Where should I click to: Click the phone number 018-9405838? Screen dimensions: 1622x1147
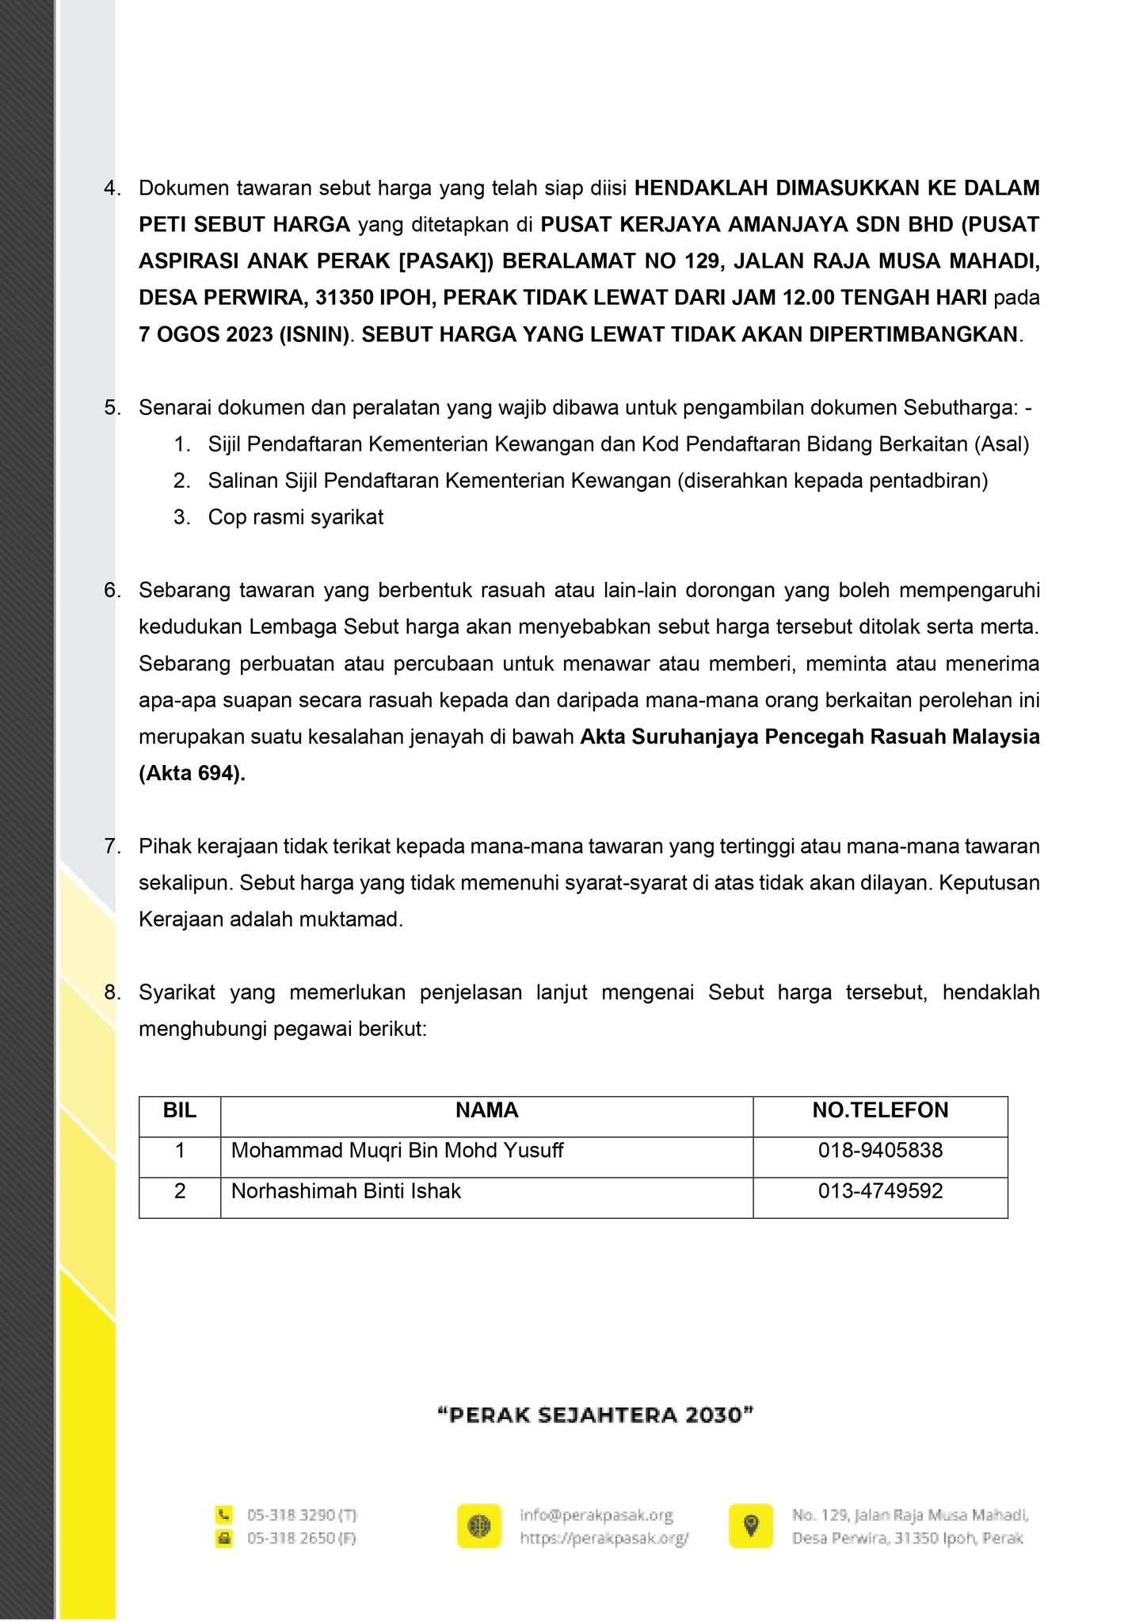point(880,1150)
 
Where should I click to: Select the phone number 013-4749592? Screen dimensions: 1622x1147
point(880,1191)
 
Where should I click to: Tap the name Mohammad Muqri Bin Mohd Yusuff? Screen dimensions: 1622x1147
point(397,1150)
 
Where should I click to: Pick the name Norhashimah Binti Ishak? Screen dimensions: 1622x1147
point(345,1191)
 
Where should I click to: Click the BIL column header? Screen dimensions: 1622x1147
point(180,1110)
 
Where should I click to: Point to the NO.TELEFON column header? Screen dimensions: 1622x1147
point(880,1110)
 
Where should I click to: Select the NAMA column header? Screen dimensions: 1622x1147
point(486,1110)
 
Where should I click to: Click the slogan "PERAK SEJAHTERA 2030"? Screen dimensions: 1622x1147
point(595,1415)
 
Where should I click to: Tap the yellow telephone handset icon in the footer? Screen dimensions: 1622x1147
point(225,1515)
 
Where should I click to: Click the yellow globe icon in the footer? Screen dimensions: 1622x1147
point(479,1525)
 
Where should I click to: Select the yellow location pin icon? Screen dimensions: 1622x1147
point(751,1525)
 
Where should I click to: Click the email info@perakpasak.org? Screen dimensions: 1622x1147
point(596,1515)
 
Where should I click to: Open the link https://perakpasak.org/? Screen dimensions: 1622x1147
point(604,1538)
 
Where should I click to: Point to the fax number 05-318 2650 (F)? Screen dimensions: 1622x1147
point(301,1538)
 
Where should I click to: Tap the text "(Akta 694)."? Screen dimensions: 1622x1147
point(192,774)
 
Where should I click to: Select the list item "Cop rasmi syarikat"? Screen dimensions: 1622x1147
point(295,518)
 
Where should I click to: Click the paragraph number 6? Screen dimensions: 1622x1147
point(112,591)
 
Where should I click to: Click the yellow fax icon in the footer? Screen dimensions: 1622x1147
point(225,1538)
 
